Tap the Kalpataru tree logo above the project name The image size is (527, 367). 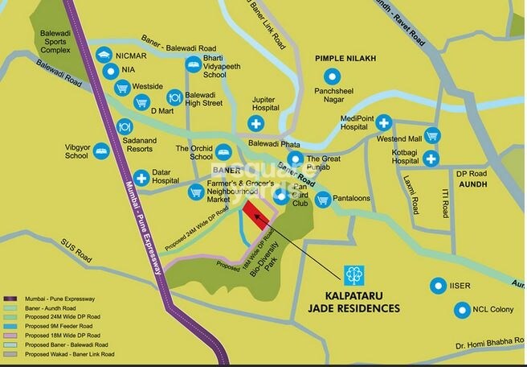pyautogui.click(x=352, y=276)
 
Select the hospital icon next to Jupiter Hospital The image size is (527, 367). pyautogui.click(x=255, y=123)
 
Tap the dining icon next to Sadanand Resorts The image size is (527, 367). pyautogui.click(x=125, y=126)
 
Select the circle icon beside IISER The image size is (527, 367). pyautogui.click(x=438, y=285)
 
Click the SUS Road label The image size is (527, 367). pyautogui.click(x=76, y=241)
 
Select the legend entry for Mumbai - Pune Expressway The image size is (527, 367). pyautogui.click(x=56, y=298)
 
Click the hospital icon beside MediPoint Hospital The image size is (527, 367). pyautogui.click(x=385, y=123)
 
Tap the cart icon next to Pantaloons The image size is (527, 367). pyautogui.click(x=322, y=199)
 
